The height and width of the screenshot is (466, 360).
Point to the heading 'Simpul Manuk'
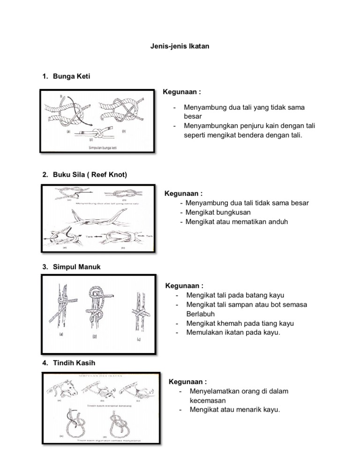point(77,267)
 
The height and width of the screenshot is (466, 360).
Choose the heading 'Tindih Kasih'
point(75,363)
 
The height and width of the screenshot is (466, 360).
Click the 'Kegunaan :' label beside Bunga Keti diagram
point(181,92)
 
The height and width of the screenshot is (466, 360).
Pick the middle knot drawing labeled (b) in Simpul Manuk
point(96,309)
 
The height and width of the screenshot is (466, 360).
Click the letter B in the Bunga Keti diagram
point(61,97)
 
